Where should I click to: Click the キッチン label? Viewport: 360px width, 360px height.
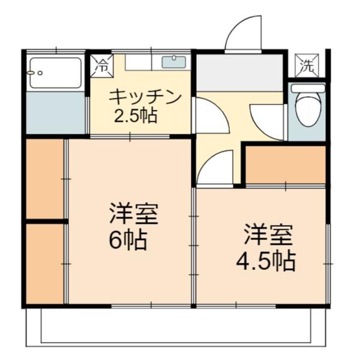[x=145, y=97]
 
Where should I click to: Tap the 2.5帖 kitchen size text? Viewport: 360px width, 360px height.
[x=136, y=115]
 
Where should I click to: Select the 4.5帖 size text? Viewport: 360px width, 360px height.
[x=266, y=262]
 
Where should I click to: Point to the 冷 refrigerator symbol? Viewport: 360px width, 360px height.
[x=101, y=65]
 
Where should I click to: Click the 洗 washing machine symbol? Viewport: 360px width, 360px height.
[x=307, y=65]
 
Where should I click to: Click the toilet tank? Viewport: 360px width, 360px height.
[x=308, y=88]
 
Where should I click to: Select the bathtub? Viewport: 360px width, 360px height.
[x=55, y=73]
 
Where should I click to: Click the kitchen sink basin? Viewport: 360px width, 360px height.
[x=174, y=62]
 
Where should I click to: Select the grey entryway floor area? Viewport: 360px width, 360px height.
[x=239, y=73]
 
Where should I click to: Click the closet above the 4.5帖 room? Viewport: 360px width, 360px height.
[x=286, y=164]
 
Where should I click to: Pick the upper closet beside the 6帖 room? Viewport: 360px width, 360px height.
[x=45, y=179]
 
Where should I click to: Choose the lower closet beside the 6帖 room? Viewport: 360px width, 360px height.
[x=45, y=264]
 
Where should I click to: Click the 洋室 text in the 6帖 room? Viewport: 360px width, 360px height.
[x=134, y=213]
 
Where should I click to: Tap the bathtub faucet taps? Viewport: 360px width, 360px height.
[x=34, y=73]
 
